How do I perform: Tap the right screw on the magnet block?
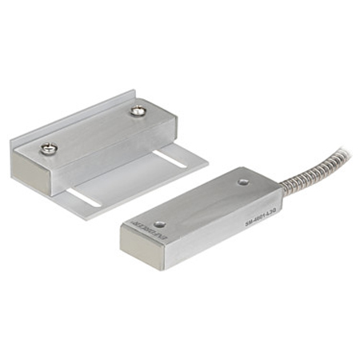pos(138,110)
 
